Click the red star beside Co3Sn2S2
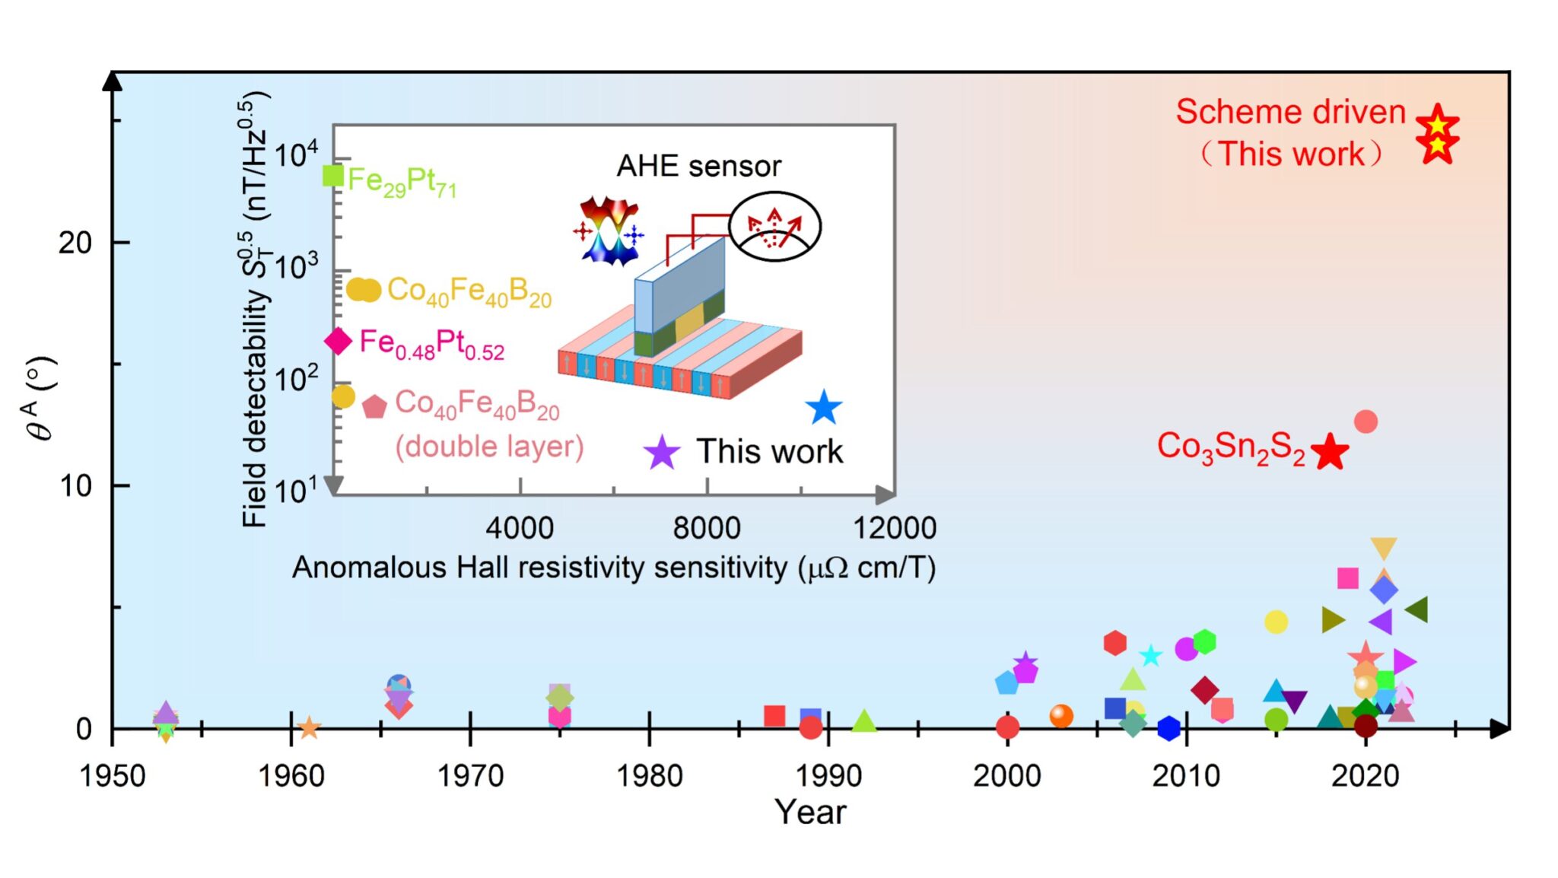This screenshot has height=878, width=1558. pos(1331,451)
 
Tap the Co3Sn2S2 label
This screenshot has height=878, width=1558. pos(1230,447)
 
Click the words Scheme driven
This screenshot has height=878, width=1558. pos(1290,113)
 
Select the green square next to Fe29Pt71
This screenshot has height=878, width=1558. pos(333,176)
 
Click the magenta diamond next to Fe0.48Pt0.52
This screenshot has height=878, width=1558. pos(339,341)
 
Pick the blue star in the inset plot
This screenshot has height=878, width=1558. pos(823,408)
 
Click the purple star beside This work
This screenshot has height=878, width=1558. pos(662,453)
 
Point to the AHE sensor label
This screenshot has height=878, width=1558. pos(698,166)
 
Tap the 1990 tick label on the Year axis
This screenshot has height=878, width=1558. pos(828,776)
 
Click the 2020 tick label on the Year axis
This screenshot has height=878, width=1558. pos(1365,776)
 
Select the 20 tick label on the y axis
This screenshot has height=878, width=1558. pos(75,243)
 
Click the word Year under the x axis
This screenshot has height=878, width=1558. pos(809,813)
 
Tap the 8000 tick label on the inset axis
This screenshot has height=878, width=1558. pos(707,528)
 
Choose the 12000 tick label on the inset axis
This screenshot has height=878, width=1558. pos(894,528)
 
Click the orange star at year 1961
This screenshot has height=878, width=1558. pos(309,728)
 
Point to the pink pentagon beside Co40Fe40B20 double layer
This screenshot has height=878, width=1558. pos(374,407)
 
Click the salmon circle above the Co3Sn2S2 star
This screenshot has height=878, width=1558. pos(1366,422)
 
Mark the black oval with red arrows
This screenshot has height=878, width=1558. pos(774,227)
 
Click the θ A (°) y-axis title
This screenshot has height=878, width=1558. pos(40,398)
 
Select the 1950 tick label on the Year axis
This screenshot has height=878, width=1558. pos(113,776)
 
